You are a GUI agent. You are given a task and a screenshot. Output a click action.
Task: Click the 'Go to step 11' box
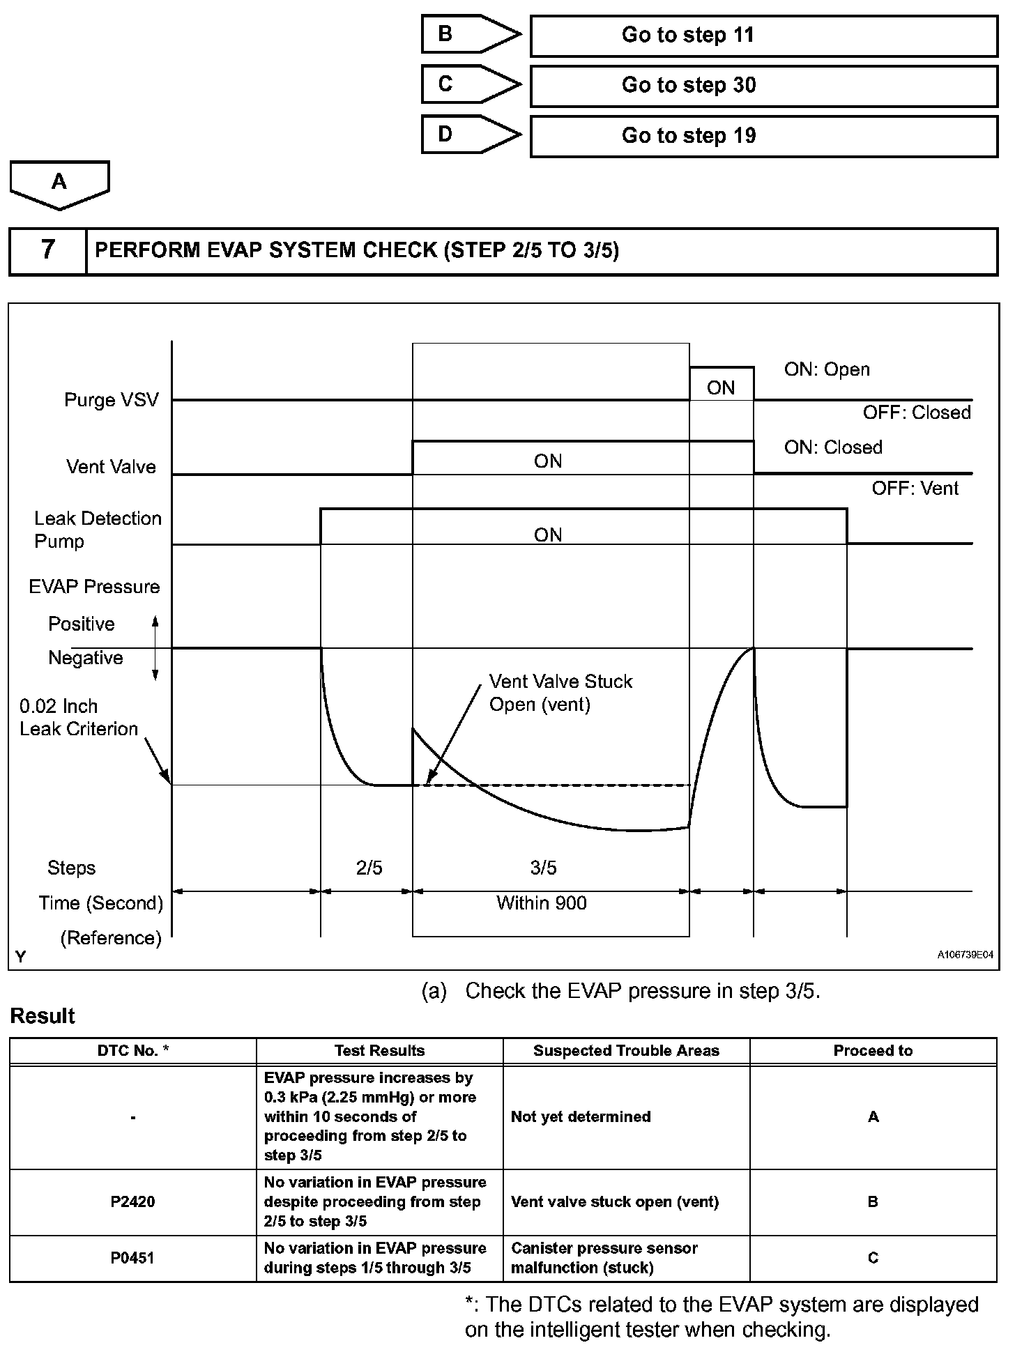763,36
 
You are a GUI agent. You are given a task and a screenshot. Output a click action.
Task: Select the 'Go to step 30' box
763,86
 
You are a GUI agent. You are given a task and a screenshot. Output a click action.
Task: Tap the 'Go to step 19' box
763,136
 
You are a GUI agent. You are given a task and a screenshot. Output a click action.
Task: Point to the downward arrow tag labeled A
59,184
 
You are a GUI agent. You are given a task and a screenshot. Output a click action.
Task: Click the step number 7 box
47,250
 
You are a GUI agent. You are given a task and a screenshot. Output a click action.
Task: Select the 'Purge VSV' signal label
112,400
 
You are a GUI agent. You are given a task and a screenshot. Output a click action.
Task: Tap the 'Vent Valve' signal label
111,467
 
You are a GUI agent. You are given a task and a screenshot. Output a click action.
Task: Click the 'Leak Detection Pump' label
97,530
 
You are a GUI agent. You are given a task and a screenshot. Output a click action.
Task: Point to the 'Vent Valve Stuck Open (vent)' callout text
560,693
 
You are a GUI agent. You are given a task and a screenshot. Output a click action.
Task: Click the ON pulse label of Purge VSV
721,388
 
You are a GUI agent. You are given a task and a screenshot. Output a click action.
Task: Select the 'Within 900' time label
541,903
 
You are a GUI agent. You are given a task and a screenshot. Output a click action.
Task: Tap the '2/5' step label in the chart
369,868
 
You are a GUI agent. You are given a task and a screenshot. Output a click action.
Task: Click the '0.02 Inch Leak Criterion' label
78,718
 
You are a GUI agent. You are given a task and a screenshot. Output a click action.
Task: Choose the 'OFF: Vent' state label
915,489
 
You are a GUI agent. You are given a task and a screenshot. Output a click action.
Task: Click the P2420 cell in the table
132,1201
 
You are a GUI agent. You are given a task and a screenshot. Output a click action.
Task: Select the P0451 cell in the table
132,1258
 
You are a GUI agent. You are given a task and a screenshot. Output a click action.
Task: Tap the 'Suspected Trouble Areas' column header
626,1051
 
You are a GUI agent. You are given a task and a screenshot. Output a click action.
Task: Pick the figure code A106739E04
965,955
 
